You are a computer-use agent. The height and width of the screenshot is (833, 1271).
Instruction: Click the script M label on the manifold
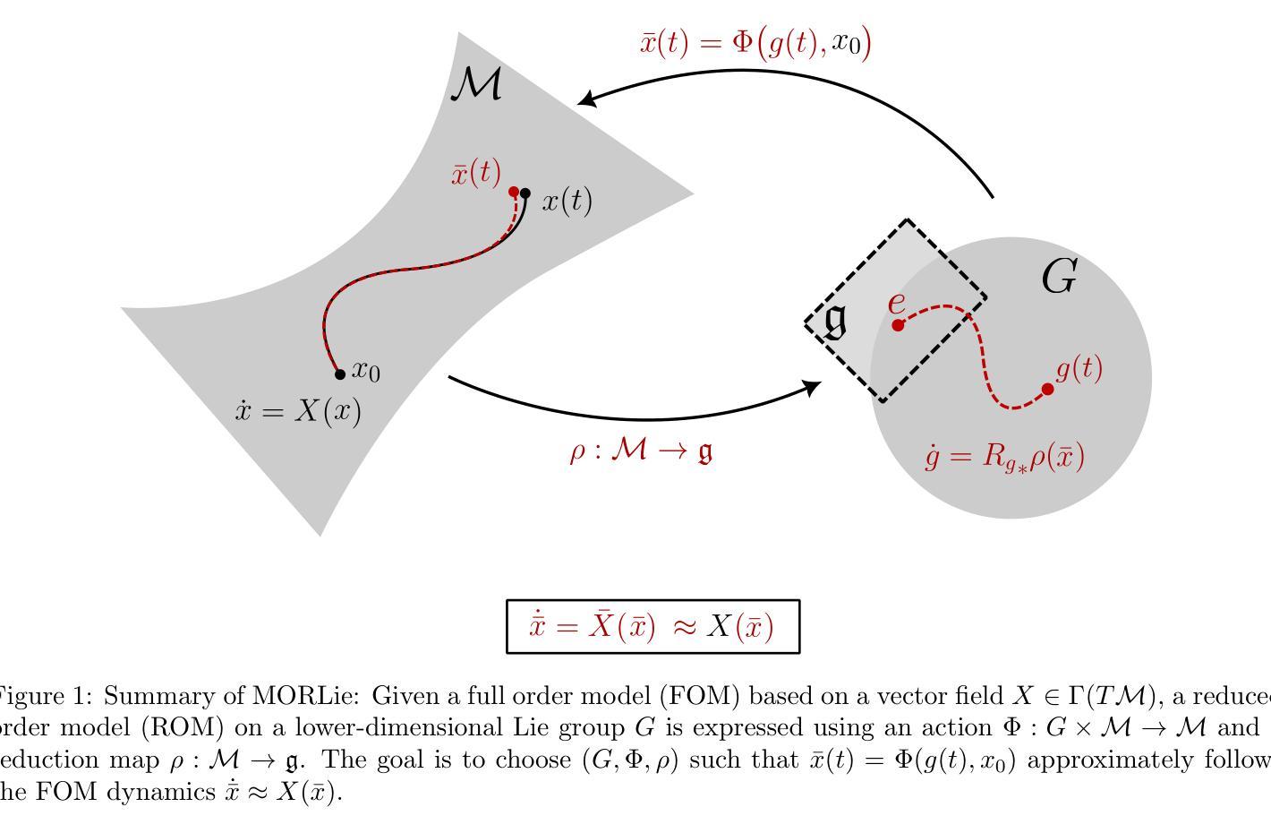(476, 84)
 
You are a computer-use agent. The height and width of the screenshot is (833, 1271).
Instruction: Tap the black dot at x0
(340, 374)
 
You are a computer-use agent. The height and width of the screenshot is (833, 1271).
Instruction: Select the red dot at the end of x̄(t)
(514, 192)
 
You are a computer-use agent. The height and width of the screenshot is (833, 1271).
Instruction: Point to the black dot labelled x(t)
(525, 193)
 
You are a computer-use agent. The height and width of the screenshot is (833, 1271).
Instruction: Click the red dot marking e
(898, 325)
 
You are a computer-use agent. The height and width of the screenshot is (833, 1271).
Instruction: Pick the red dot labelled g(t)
(1048, 389)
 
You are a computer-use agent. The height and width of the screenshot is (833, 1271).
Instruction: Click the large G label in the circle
(1059, 277)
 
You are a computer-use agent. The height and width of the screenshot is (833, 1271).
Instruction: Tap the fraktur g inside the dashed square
(835, 321)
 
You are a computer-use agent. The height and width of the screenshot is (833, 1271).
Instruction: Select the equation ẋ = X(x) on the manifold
(298, 411)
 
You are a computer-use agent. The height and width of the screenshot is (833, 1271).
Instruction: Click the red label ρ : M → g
(642, 451)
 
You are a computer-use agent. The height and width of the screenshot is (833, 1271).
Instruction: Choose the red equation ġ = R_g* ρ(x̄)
(1005, 457)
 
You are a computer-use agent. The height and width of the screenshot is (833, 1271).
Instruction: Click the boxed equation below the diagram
(652, 626)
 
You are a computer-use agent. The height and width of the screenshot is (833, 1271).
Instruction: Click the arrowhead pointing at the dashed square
(813, 387)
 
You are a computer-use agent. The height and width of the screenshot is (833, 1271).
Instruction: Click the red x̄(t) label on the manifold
(476, 172)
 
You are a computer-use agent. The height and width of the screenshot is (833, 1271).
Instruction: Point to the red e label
(896, 303)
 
